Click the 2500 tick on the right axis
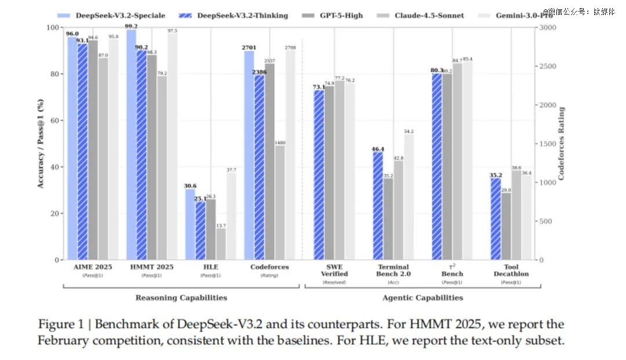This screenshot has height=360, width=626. coord(546,66)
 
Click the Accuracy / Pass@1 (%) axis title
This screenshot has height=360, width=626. coord(41,143)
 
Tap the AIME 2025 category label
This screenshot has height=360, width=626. coord(93,267)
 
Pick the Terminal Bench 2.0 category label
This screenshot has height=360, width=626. coord(394,270)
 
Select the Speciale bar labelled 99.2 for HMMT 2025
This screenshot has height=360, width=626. coord(132,145)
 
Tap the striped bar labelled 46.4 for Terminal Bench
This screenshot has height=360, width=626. coord(378,206)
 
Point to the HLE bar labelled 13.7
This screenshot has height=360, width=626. coord(221,243)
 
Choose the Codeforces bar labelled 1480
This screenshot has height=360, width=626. coord(280,202)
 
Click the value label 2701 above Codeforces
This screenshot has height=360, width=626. coord(249,48)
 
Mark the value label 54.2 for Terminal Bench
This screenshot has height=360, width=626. coord(409,131)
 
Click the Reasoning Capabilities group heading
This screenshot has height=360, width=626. coord(181,297)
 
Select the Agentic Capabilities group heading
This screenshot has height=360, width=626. coord(423,297)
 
